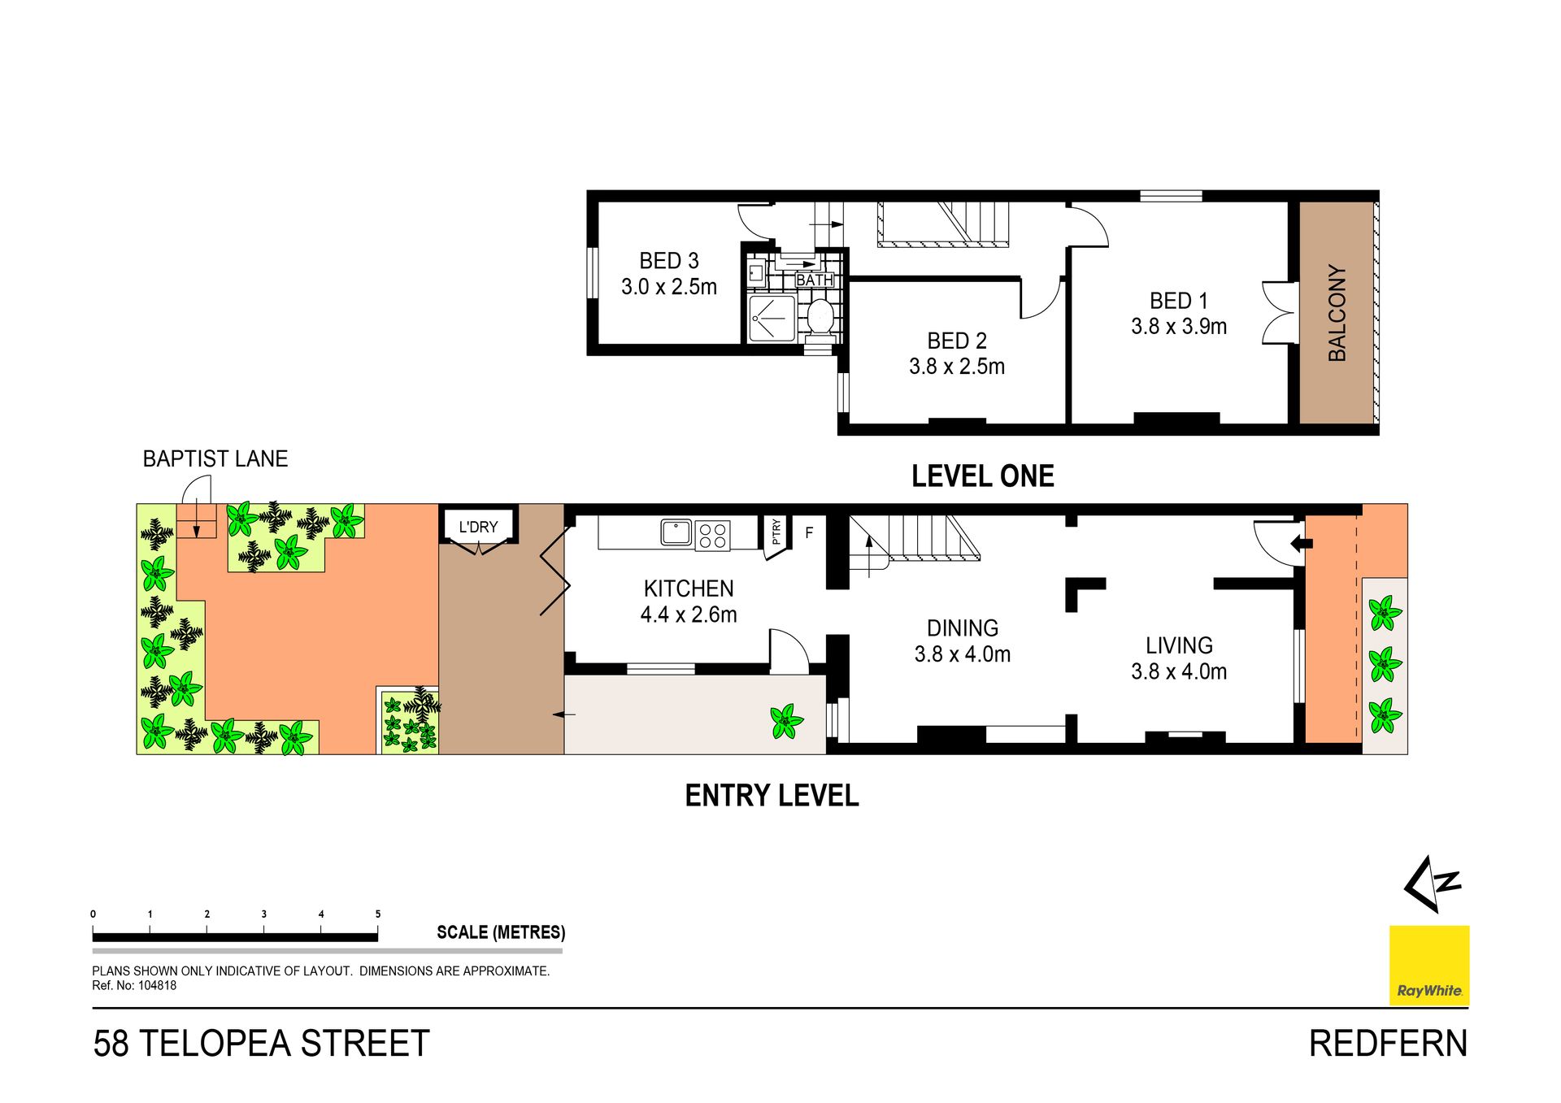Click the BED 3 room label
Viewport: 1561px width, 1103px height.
(x=669, y=261)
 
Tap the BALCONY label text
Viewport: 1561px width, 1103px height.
(x=1337, y=313)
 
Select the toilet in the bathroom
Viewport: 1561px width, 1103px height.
(x=820, y=317)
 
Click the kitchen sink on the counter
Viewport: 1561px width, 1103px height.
(x=676, y=532)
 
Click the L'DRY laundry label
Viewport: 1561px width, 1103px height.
(x=478, y=527)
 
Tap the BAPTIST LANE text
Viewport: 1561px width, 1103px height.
(x=215, y=459)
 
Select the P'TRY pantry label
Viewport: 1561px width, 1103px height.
(x=776, y=532)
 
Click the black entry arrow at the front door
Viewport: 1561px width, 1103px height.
(x=1302, y=543)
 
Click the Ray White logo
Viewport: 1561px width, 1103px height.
(x=1429, y=966)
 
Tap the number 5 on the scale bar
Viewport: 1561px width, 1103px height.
(x=378, y=914)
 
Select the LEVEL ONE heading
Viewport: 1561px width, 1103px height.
(x=982, y=476)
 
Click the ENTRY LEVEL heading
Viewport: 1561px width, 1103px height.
(x=772, y=796)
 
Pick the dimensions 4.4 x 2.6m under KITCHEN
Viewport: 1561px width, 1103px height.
(x=689, y=614)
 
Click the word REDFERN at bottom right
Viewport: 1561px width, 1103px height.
(x=1389, y=1044)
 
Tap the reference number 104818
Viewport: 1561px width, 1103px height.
(x=158, y=986)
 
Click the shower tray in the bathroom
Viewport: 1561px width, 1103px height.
(x=772, y=318)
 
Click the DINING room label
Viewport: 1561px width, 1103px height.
(x=963, y=628)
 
